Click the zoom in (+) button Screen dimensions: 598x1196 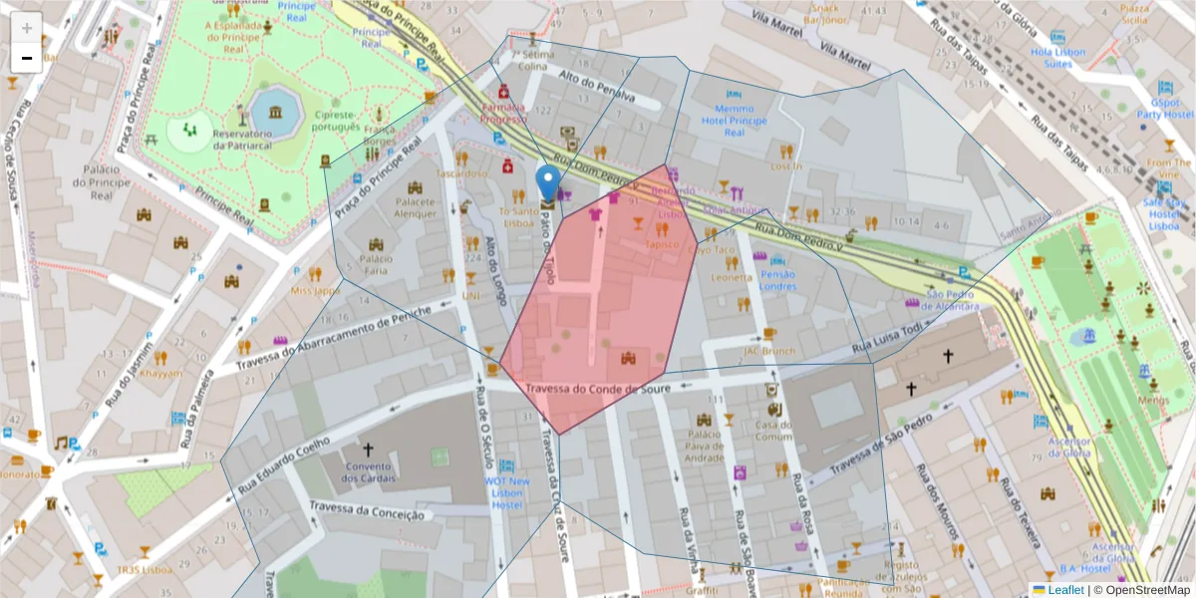pyautogui.click(x=27, y=27)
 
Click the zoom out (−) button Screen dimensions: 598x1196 pyautogui.click(x=27, y=58)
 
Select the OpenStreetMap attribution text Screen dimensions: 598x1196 pyautogui.click(x=1147, y=590)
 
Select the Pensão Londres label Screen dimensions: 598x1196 pyautogui.click(x=777, y=280)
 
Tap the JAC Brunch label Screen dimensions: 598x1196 pyautogui.click(x=768, y=351)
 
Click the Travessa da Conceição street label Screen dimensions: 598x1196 pyautogui.click(x=368, y=511)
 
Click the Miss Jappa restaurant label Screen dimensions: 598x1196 pyautogui.click(x=315, y=290)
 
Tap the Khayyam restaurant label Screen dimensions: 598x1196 pyautogui.click(x=161, y=374)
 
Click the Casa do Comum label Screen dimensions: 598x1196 pyautogui.click(x=773, y=430)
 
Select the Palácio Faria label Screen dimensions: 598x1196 pyautogui.click(x=375, y=264)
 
